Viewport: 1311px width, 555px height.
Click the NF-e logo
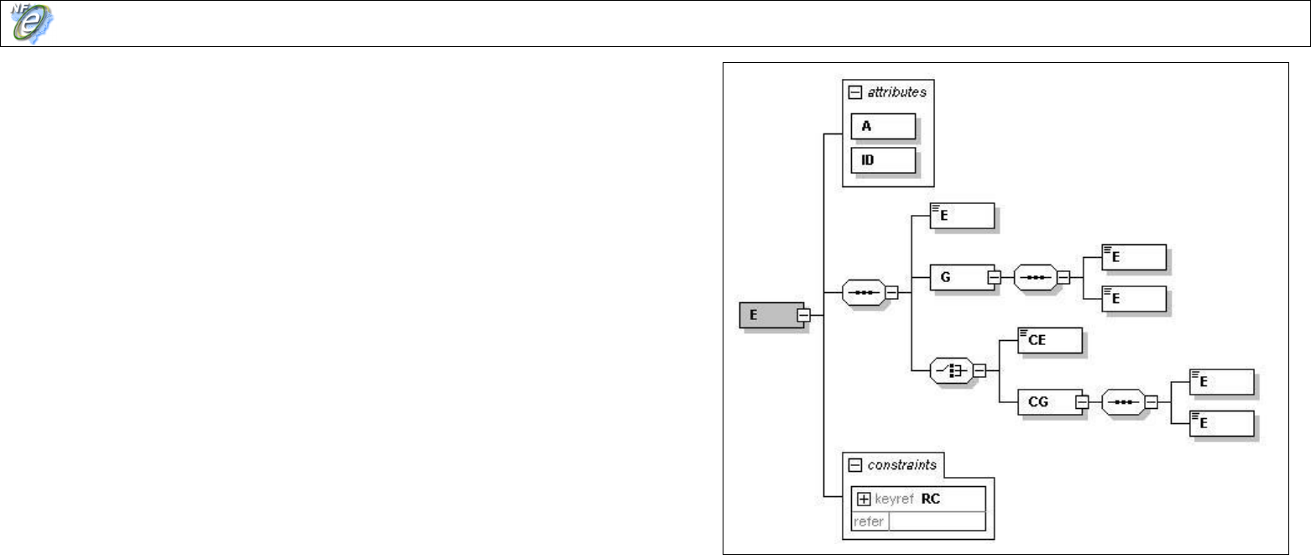(x=30, y=23)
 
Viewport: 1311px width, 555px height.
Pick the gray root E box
(x=765, y=315)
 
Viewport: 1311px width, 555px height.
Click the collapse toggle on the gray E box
(x=803, y=315)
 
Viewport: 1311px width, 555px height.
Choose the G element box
(x=958, y=276)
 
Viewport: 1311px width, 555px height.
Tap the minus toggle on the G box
(x=994, y=276)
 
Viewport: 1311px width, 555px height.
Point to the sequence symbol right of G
(x=1035, y=276)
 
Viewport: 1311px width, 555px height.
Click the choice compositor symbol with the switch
(x=951, y=369)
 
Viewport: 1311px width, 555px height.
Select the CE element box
(x=1049, y=340)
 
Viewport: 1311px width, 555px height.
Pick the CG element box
(x=1046, y=402)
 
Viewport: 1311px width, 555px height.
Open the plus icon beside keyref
(x=862, y=498)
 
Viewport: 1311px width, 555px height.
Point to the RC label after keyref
(x=931, y=498)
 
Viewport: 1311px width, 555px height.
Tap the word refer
(x=868, y=521)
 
